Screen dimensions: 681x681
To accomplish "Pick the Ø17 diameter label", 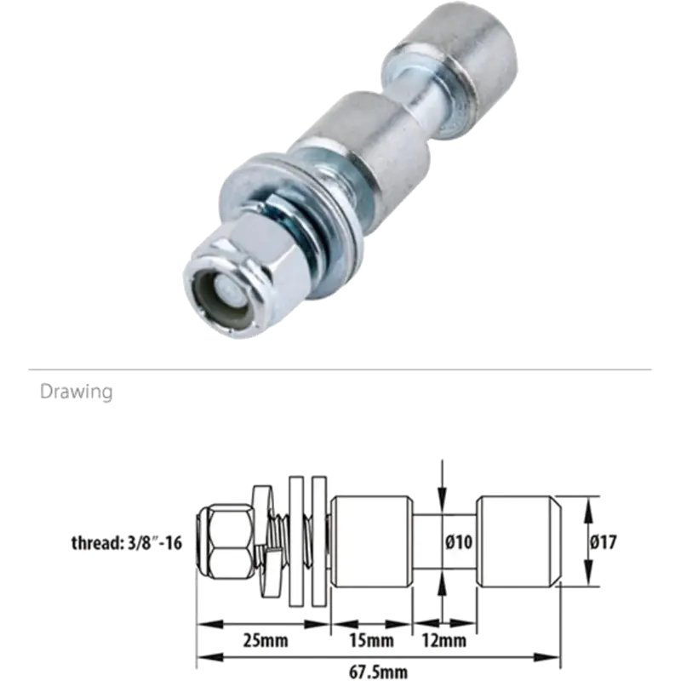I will click(602, 541).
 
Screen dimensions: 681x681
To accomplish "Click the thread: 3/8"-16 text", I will click(129, 542).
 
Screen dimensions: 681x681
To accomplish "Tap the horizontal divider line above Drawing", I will click(340, 370).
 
